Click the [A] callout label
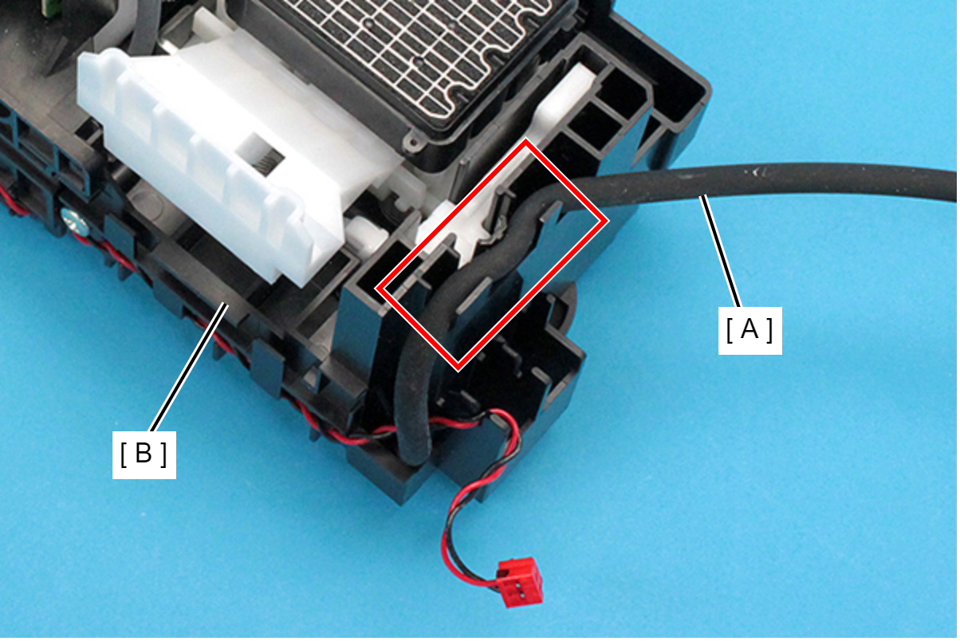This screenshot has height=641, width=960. pos(750,330)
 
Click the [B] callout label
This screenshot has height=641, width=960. pos(144,454)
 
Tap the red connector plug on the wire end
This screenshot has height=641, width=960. pos(519,581)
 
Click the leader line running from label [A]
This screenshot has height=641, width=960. pos(721,251)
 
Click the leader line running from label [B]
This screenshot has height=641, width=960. pos(187,368)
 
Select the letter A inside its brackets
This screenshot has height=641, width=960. pos(750,330)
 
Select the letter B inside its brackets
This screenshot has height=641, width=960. pos(144,454)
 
